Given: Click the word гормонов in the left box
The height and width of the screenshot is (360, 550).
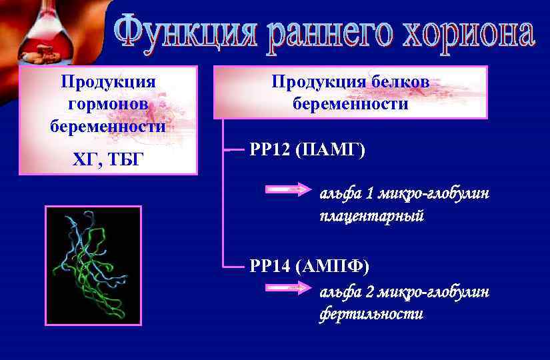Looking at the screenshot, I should (x=108, y=104).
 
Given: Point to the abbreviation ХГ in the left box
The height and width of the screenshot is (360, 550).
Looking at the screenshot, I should (x=85, y=160).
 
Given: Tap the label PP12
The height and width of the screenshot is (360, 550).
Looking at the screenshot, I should (x=269, y=150).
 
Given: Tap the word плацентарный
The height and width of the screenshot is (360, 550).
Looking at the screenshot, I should (x=371, y=217).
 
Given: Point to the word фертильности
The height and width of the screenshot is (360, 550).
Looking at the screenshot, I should (x=371, y=314).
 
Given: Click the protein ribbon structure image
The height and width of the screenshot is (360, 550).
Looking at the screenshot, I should (x=93, y=265).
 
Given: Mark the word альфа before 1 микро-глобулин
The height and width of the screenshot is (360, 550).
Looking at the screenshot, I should (x=339, y=194).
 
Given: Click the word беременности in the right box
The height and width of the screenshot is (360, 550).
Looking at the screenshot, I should (x=350, y=104).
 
